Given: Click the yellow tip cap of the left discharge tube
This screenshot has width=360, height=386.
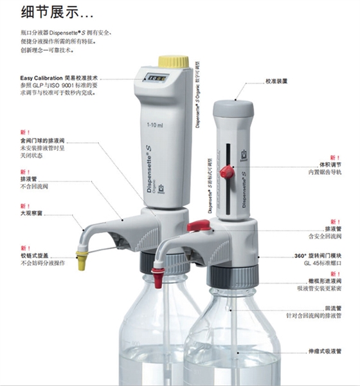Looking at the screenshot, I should click(x=82, y=261).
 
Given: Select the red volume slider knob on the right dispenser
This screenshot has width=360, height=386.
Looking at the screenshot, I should click(x=226, y=170).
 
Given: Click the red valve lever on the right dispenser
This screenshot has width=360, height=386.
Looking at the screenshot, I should click(x=198, y=225).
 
